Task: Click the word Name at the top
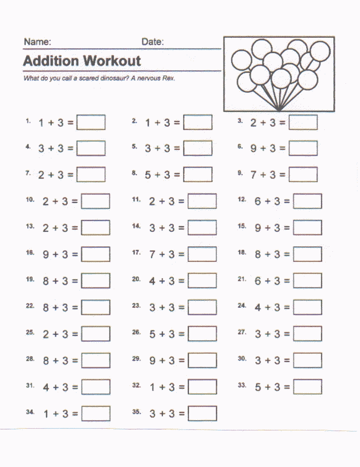pyautogui.click(x=37, y=42)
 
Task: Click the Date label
pyautogui.click(x=152, y=42)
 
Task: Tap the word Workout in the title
pyautogui.click(x=112, y=61)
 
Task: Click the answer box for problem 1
pyautogui.click(x=91, y=123)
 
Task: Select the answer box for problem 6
pyautogui.click(x=303, y=148)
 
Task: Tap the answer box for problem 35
pyautogui.click(x=202, y=414)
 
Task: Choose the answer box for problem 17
pyautogui.click(x=202, y=254)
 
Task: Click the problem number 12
pyautogui.click(x=242, y=199)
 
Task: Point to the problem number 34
pyautogui.click(x=30, y=412)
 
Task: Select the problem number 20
pyautogui.click(x=136, y=279)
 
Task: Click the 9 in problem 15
pyautogui.click(x=258, y=228)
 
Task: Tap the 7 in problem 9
pyautogui.click(x=253, y=174)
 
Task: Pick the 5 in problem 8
pyautogui.click(x=148, y=174)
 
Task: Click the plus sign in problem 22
pyautogui.click(x=55, y=307)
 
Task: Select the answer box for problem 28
pyautogui.click(x=96, y=360)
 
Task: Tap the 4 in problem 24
pyautogui.click(x=258, y=307)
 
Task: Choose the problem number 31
pyautogui.click(x=30, y=385)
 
